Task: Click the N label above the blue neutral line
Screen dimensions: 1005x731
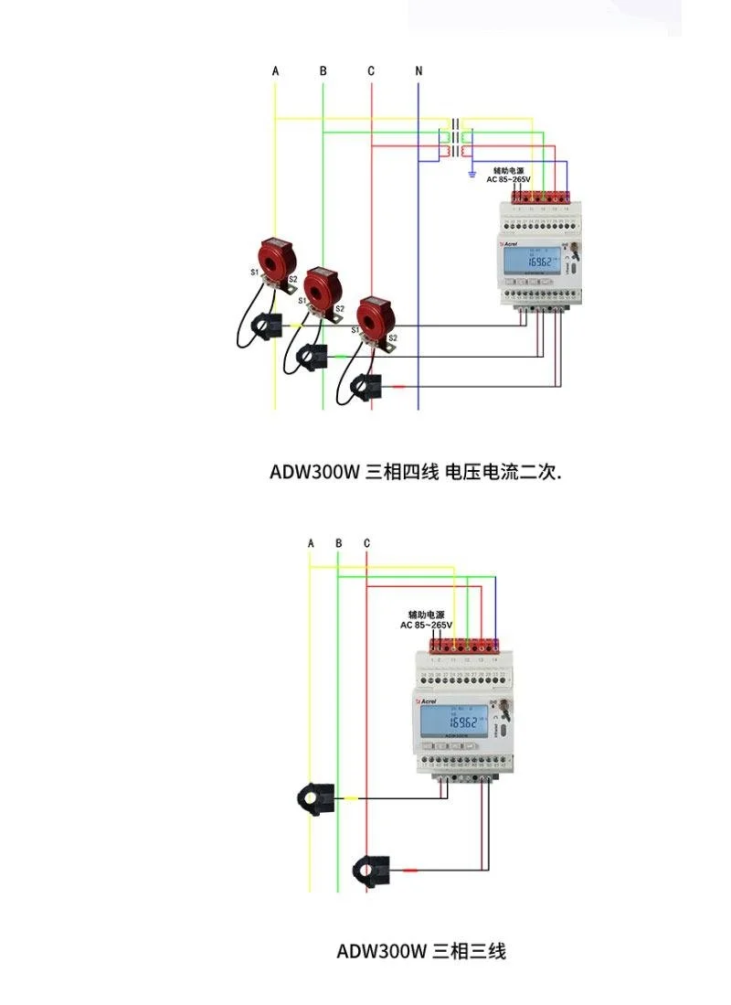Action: [418, 70]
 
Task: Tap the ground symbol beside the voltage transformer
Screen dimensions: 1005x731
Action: [471, 172]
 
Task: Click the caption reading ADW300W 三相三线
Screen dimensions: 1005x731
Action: [420, 951]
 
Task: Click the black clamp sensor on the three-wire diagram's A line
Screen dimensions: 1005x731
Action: [315, 798]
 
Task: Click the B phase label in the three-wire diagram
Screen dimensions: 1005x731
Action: [338, 543]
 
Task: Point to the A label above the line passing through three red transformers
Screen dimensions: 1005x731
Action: [275, 70]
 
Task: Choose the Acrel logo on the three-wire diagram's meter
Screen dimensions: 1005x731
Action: [427, 701]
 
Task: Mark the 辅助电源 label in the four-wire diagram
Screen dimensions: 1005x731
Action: [508, 170]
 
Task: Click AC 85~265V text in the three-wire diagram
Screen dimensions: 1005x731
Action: [426, 625]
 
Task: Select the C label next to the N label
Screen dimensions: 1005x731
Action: [371, 70]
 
